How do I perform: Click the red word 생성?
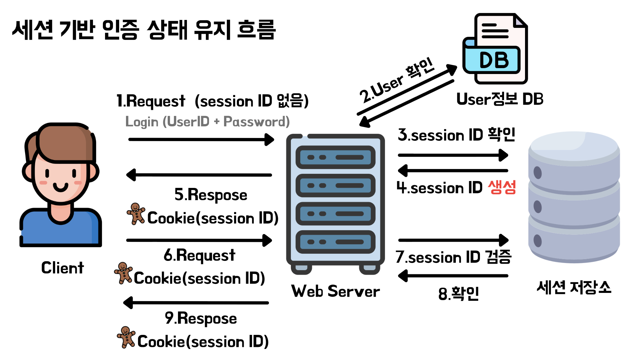[502, 188]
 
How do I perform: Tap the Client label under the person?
[62, 268]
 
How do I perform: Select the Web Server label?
[335, 291]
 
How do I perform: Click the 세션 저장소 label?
[574, 287]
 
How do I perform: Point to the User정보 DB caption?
[500, 99]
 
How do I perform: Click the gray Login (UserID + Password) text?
[207, 121]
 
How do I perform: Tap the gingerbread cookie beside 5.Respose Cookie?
[136, 214]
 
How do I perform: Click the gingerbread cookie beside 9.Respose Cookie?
[126, 337]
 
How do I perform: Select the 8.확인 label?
[458, 294]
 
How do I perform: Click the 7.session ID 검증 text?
[453, 257]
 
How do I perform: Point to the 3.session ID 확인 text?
[456, 135]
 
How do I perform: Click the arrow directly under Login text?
[201, 139]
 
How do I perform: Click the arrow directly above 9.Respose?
[196, 303]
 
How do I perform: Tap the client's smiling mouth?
[61, 188]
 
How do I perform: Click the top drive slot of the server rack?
[335, 157]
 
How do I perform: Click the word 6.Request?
[199, 255]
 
